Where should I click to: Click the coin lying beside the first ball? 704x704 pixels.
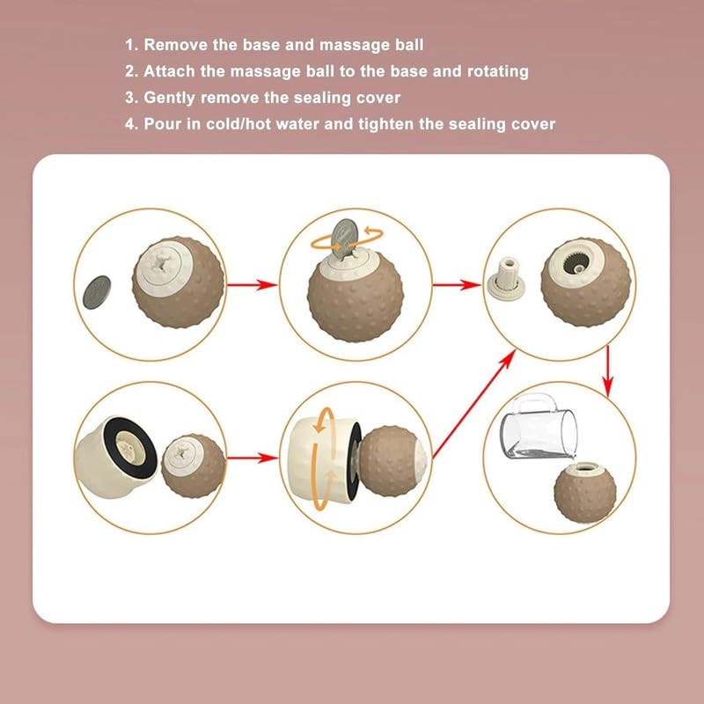pos(97,292)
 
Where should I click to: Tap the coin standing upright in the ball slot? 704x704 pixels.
pos(344,238)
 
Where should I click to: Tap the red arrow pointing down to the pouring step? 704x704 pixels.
pos(607,370)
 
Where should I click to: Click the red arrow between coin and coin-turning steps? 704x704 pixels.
pos(252,284)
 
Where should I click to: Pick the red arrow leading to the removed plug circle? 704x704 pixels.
pos(457,284)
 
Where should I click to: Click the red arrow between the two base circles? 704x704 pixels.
pos(252,458)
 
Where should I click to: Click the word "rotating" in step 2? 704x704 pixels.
pos(497,72)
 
